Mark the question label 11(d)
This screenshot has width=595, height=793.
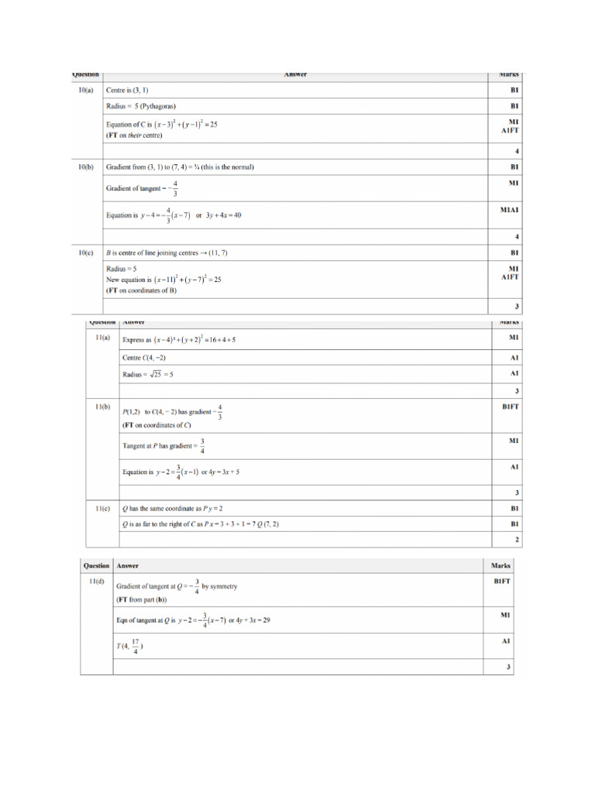pos(96,582)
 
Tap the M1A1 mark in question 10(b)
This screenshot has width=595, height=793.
pos(508,209)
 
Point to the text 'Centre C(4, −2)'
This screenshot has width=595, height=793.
pos(144,358)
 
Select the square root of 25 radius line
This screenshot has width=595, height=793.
pos(148,374)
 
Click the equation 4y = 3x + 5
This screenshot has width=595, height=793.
pos(224,472)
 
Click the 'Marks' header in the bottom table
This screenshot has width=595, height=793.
pos(500,566)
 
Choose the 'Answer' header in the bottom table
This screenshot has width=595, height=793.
pos(128,566)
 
